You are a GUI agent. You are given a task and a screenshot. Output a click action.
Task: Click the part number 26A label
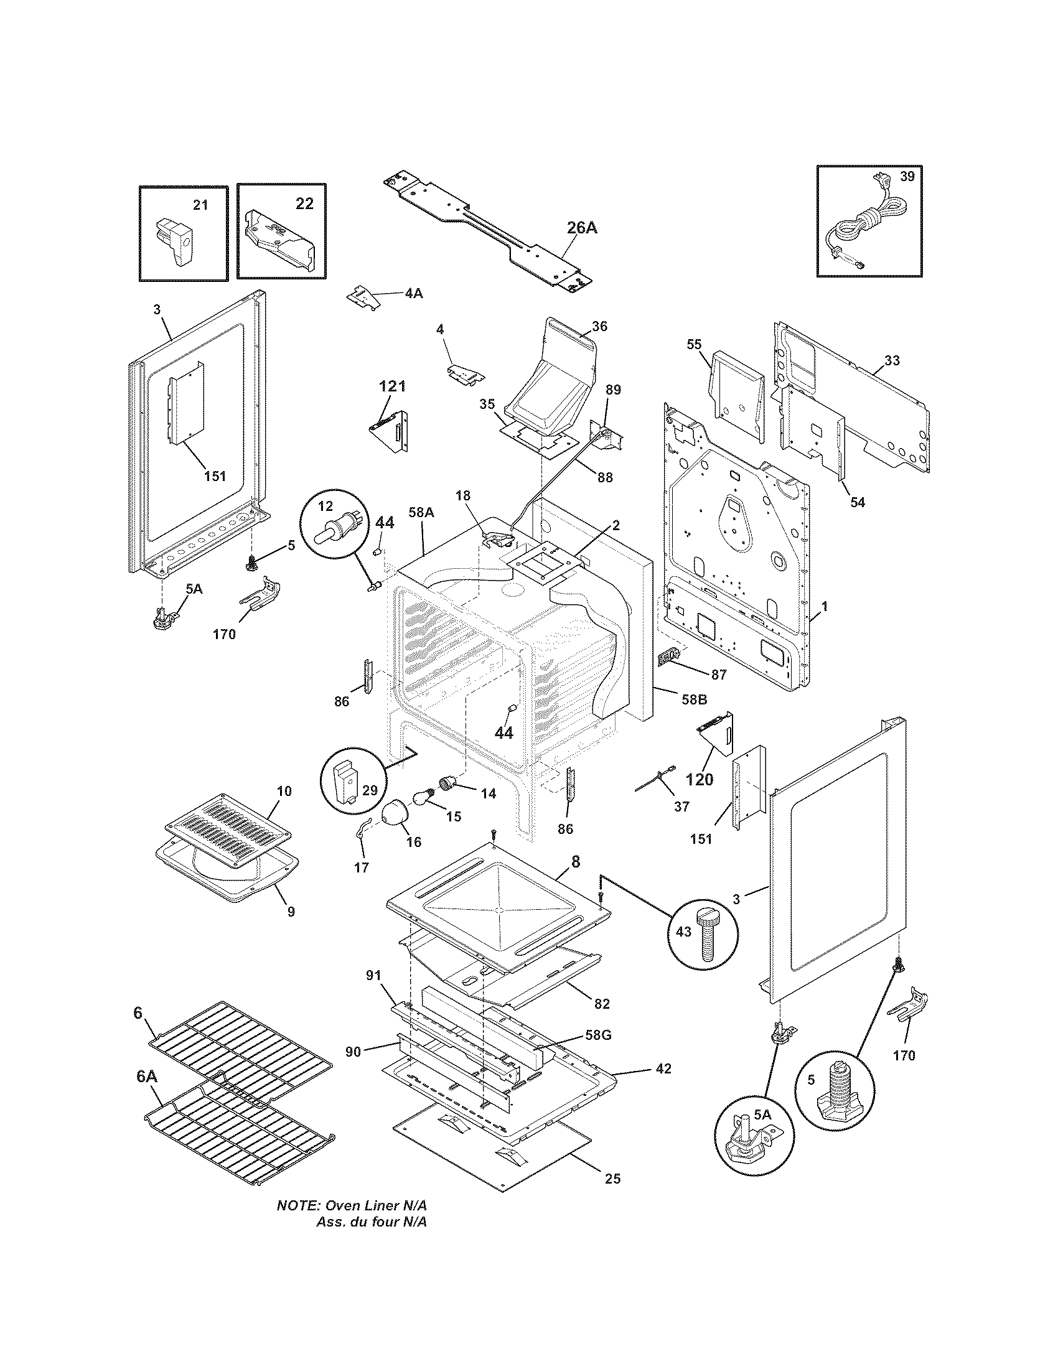(582, 228)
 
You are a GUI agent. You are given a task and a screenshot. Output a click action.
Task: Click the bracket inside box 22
(280, 241)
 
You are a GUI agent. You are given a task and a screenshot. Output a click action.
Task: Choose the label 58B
(694, 699)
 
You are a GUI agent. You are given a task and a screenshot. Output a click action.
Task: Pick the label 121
(391, 387)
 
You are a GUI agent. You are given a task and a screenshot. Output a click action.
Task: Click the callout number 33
(892, 361)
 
